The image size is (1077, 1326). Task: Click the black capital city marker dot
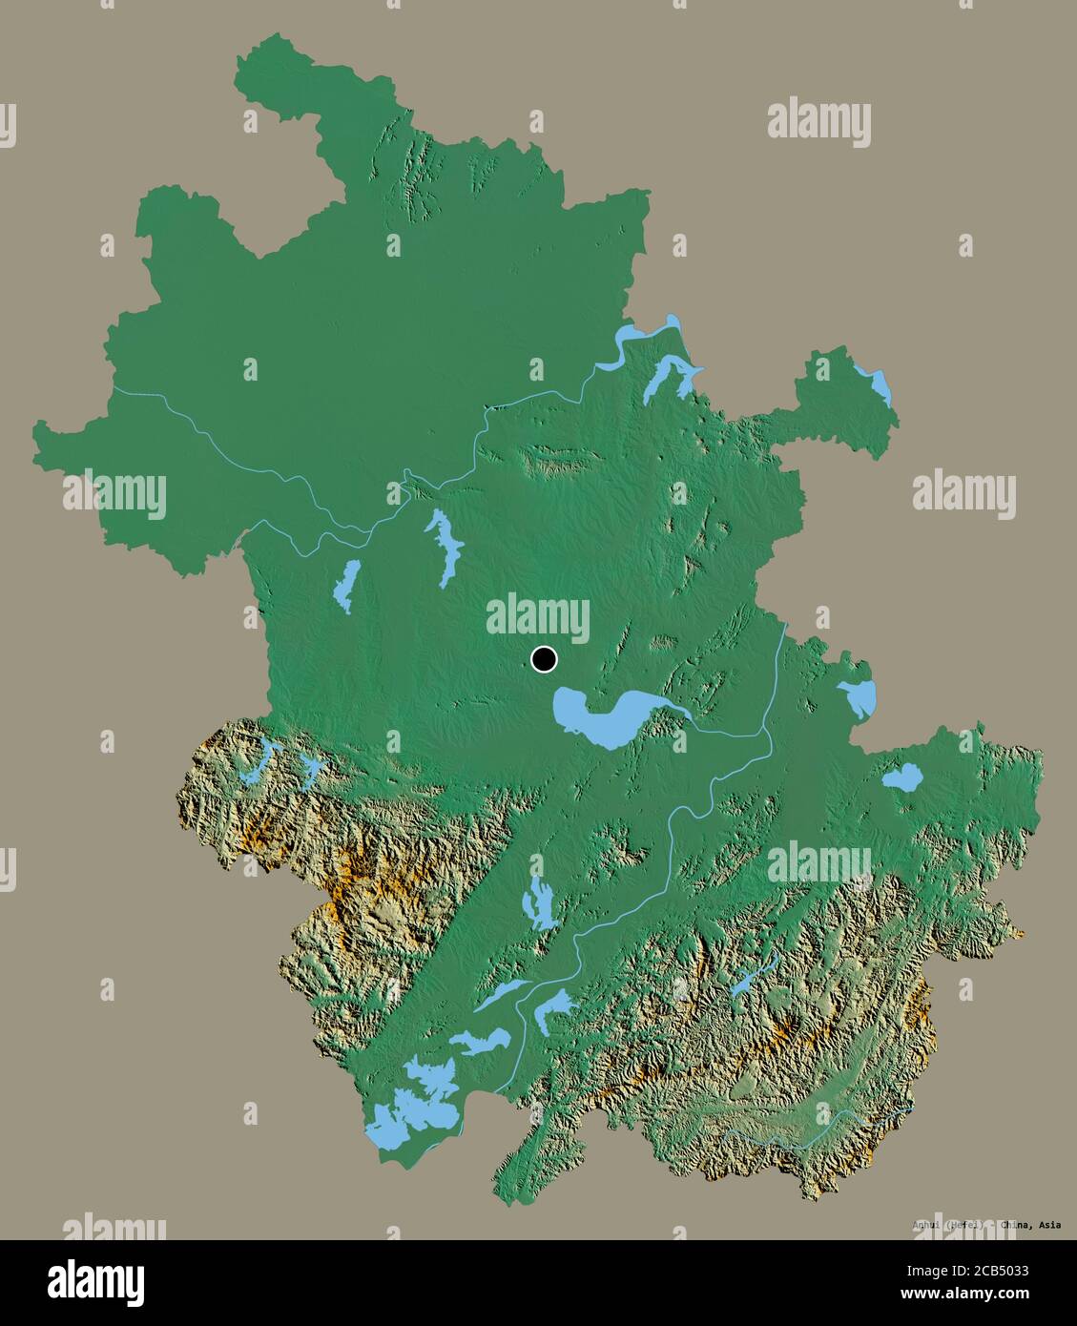coord(543,658)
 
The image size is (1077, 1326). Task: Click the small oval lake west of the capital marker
coord(346,586)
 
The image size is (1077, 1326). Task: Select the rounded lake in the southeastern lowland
coord(901,777)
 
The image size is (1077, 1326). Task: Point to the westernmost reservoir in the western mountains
coord(256,762)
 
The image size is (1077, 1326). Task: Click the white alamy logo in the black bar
coord(97,1280)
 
